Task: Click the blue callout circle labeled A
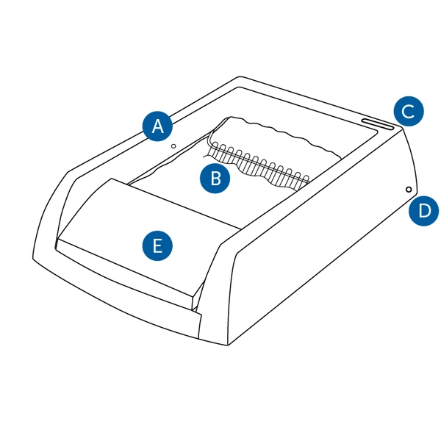(157, 126)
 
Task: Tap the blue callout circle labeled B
(215, 177)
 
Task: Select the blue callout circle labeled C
(407, 111)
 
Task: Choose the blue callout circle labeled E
(157, 245)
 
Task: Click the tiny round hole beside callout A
(173, 146)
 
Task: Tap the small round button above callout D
(409, 190)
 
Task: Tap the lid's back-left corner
(110, 179)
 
